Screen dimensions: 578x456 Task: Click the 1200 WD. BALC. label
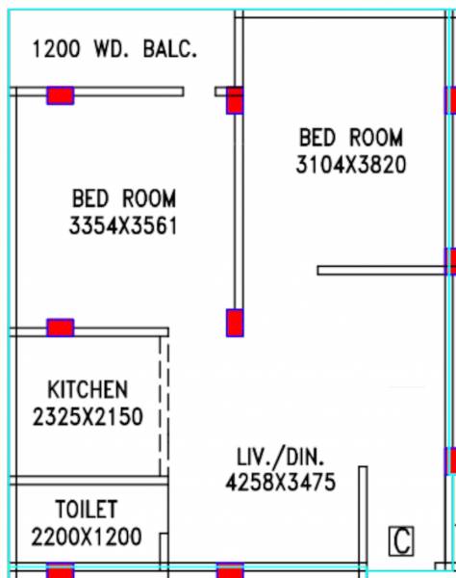tap(114, 49)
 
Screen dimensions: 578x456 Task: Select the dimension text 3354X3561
tap(123, 226)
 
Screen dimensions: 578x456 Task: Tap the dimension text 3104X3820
tap(351, 165)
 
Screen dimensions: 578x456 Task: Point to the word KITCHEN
tap(87, 390)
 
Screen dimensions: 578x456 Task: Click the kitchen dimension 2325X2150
tap(87, 417)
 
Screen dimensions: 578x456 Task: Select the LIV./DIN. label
tap(282, 457)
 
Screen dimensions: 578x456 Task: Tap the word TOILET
tap(86, 509)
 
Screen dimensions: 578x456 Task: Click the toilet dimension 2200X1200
tap(86, 536)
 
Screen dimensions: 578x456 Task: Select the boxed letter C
tap(400, 541)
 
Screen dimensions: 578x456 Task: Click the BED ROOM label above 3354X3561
tap(123, 199)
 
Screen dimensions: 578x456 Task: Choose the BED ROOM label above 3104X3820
tap(351, 138)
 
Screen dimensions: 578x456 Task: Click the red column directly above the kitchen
tap(61, 328)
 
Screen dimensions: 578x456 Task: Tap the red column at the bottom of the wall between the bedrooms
tap(235, 323)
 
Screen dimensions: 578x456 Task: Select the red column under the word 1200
tap(61, 95)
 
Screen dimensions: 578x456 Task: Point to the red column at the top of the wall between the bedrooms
tap(235, 100)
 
